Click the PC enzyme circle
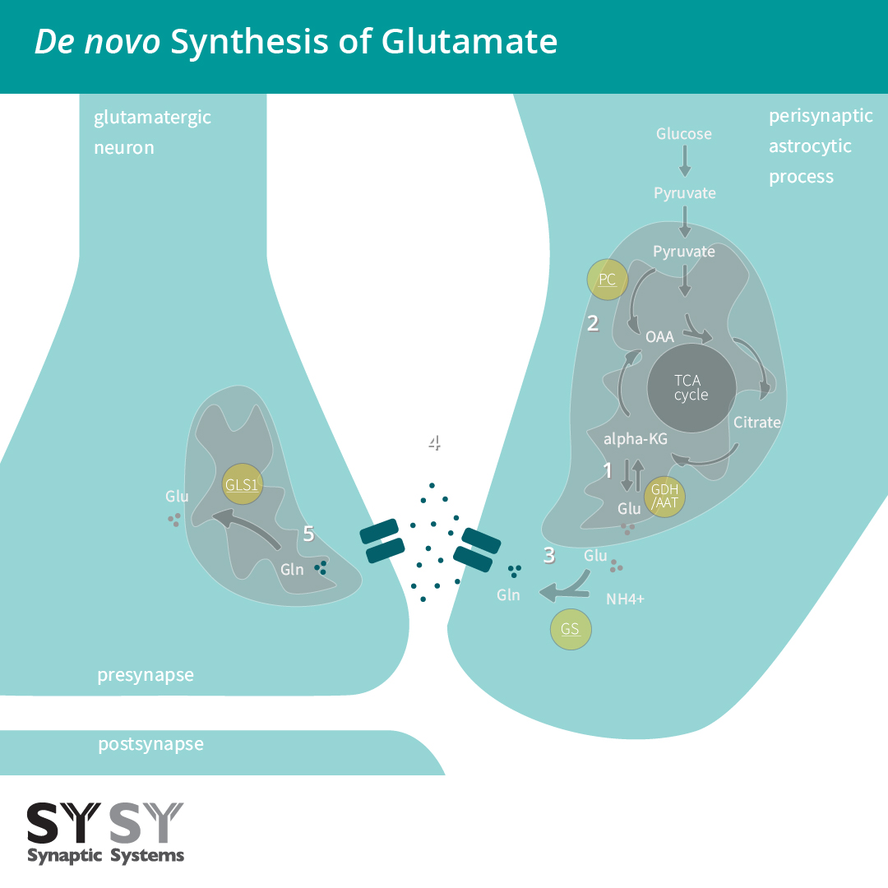pos(607,280)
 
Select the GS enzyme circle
pos(571,630)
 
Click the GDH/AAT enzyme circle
pos(664,496)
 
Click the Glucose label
pos(684,133)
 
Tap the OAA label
pos(660,336)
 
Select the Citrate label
pos(756,422)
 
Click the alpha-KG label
pos(635,439)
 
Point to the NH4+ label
pos(625,599)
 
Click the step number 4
pos(434,443)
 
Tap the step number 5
pos(308,534)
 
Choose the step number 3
pos(549,555)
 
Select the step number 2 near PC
pos(593,323)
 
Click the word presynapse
pos(146,675)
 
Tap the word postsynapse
pos(150,744)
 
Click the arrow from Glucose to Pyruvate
pos(684,162)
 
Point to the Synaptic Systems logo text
pos(106,855)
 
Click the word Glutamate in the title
pos(469,41)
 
